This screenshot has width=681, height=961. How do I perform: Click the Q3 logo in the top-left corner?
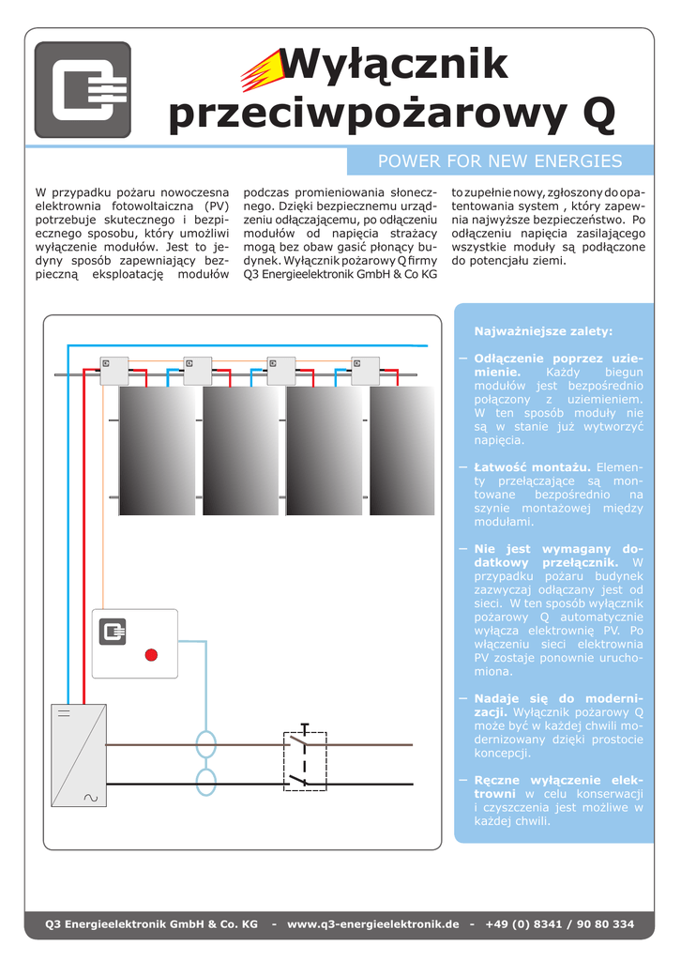pos(83,90)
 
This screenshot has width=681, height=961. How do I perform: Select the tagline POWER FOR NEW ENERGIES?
pos(499,160)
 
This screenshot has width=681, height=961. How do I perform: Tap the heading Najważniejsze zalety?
pos(543,331)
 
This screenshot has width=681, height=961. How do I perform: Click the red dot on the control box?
pos(151,654)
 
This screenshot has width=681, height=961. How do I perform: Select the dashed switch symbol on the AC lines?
pos(305,760)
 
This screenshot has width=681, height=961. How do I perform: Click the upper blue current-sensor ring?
pos(205,744)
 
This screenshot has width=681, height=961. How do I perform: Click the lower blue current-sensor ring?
pos(205,781)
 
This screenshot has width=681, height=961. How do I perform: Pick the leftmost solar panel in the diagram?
pos(157,450)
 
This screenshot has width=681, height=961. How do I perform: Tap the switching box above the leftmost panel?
pos(114,371)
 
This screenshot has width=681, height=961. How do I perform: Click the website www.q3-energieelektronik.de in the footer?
pos(372,923)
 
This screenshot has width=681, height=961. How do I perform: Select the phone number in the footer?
pos(559,923)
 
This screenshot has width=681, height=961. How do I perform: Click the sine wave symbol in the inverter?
pos(91,798)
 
